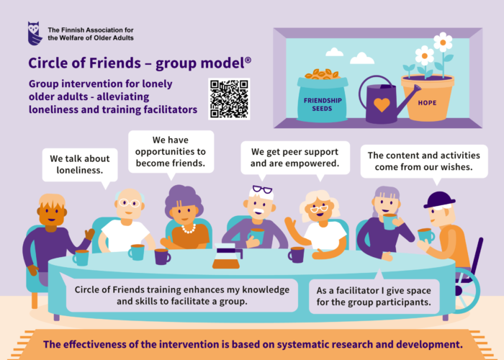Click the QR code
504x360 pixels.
coord(229,99)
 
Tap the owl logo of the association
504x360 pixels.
coord(35,33)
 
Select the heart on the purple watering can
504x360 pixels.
coord(382,105)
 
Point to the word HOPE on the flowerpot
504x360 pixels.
coord(427,103)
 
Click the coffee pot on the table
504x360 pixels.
coord(226,257)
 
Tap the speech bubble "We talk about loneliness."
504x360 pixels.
coord(80,164)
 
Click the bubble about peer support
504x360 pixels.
coord(294,158)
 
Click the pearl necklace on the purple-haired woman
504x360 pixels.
coord(188,228)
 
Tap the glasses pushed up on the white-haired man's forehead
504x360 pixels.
coord(261,190)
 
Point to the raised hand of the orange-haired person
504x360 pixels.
coord(89,234)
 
